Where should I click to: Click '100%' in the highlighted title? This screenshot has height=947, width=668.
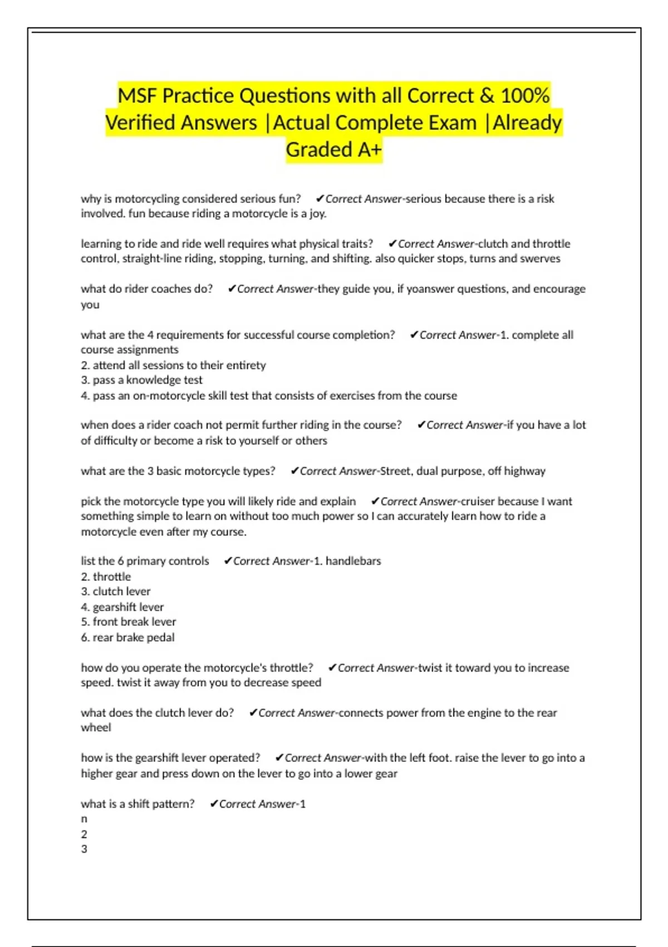coord(525,96)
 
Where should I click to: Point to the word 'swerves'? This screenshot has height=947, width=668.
coord(540,259)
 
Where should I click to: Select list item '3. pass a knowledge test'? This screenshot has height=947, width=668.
coord(141,380)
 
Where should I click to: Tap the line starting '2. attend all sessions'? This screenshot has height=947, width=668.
coord(173,365)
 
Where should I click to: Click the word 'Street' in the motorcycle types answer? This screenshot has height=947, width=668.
coord(395,471)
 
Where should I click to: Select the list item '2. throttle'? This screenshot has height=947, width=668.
coord(106,577)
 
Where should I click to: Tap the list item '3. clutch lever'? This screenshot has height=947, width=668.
coord(115,592)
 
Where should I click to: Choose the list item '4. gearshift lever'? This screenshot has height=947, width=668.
coord(122,607)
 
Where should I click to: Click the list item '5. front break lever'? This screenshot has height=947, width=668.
coord(128,622)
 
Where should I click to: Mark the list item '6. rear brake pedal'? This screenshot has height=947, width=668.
coord(127,637)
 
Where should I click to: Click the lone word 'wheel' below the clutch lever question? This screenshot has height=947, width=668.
coord(96,728)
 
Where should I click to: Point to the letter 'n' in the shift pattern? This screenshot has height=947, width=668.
coord(84,819)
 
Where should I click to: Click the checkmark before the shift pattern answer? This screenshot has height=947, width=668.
coord(214,804)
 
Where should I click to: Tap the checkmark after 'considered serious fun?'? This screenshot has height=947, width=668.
coord(320,199)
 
